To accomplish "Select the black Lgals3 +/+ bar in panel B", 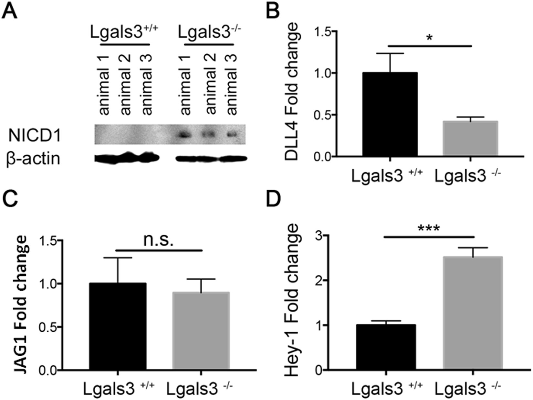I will [x=390, y=115].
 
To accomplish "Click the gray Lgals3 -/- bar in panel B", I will [x=470, y=139].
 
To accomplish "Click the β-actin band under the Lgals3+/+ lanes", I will [x=127, y=158].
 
